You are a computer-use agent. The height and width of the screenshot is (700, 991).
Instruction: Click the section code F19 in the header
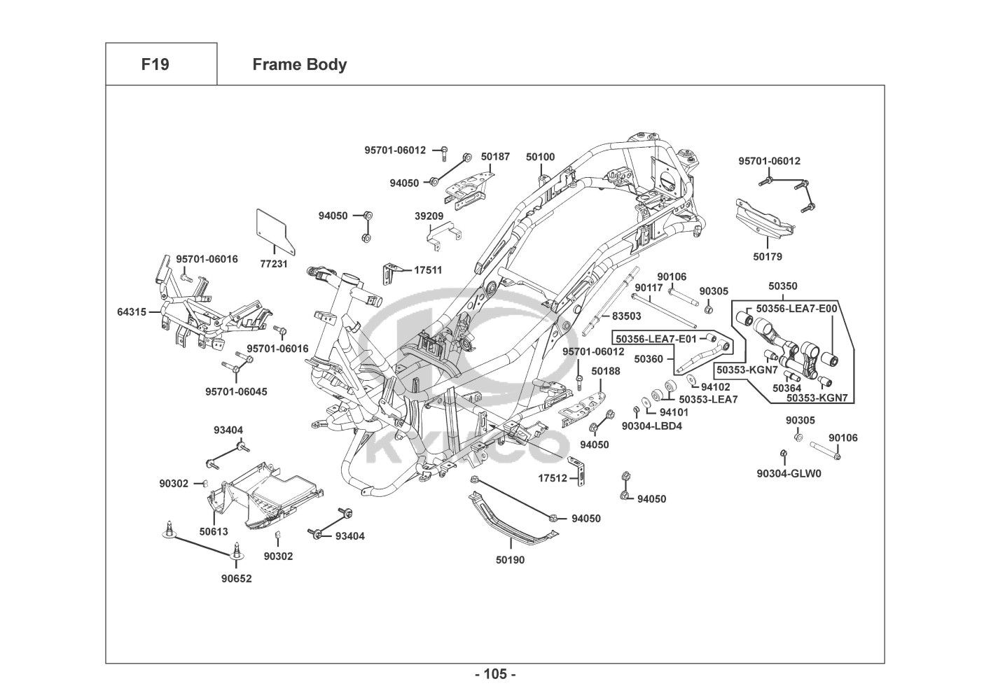155,64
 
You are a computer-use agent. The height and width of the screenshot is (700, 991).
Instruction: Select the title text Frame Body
299,64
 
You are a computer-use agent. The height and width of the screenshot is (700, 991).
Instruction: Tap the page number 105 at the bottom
495,675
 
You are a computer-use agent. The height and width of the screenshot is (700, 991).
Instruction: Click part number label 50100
540,157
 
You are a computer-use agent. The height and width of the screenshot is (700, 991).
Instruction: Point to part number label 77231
274,265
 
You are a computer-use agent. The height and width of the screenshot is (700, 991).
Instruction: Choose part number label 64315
132,311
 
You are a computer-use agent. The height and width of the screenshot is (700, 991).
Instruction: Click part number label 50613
214,532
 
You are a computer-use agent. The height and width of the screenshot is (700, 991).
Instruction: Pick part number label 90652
236,579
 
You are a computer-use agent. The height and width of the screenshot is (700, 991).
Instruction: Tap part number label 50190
510,560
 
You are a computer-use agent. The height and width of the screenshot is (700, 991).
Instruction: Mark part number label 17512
553,478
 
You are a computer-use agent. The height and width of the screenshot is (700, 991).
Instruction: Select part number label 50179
768,257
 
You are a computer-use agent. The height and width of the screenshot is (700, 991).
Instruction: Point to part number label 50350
782,286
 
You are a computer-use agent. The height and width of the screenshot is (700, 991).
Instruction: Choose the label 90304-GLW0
789,474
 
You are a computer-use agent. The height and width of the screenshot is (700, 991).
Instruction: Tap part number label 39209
429,216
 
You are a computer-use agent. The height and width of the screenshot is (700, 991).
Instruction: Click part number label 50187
495,157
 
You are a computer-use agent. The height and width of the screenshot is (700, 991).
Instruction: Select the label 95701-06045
236,392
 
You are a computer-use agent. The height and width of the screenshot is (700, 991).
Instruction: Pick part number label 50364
787,388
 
